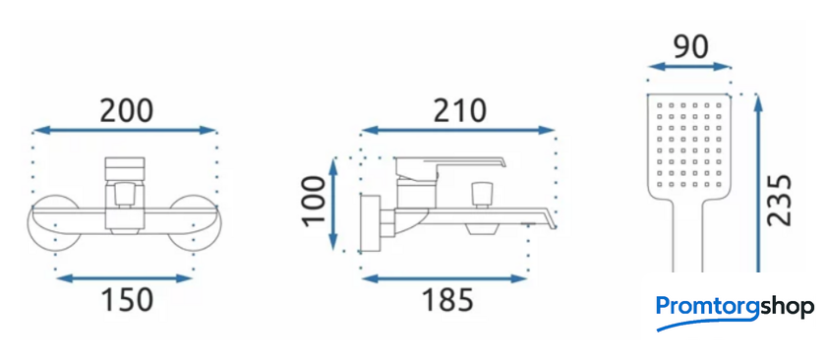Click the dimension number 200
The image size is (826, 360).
coord(127,111)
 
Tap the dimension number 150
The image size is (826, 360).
coord(127,299)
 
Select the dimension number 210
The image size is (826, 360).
coord(459,111)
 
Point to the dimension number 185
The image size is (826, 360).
coord(447,299)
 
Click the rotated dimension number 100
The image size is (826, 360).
coord(315,201)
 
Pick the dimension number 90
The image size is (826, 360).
coord(690,47)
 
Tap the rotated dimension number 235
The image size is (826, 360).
coord(780,201)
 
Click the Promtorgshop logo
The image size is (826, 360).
coord(735,312)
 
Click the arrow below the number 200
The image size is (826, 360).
coord(125,130)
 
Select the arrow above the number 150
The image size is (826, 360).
coord(124,277)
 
